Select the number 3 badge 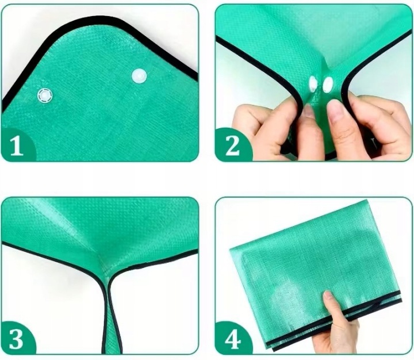tap(16, 339)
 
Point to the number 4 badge tap(232, 339)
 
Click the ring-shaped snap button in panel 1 tap(45, 95)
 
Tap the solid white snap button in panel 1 tap(139, 76)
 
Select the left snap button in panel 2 tap(313, 84)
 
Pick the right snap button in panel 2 tap(328, 85)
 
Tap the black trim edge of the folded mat tap(334, 321)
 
